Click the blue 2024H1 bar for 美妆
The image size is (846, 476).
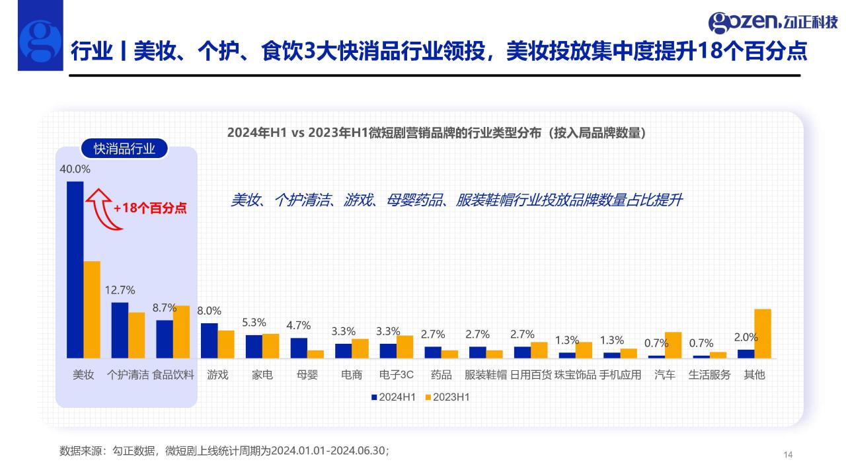[75, 270]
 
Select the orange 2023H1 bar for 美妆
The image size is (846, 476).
[92, 309]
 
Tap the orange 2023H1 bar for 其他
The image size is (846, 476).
[763, 333]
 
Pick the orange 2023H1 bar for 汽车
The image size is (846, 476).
[673, 344]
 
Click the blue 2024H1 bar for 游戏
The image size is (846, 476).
[209, 340]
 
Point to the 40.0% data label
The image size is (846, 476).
[75, 169]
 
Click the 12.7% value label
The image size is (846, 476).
[120, 290]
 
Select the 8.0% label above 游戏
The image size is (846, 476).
[209, 311]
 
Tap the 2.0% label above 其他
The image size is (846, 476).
[746, 337]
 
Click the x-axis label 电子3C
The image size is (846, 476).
[397, 375]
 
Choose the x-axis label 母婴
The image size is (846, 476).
[307, 375]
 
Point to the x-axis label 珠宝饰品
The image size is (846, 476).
[575, 375]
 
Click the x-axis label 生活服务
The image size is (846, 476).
[709, 375]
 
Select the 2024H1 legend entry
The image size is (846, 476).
[393, 397]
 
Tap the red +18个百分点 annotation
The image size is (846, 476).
[150, 208]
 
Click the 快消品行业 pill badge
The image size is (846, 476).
[124, 149]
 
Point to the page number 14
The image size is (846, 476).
[787, 454]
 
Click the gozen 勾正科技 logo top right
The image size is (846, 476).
[773, 22]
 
